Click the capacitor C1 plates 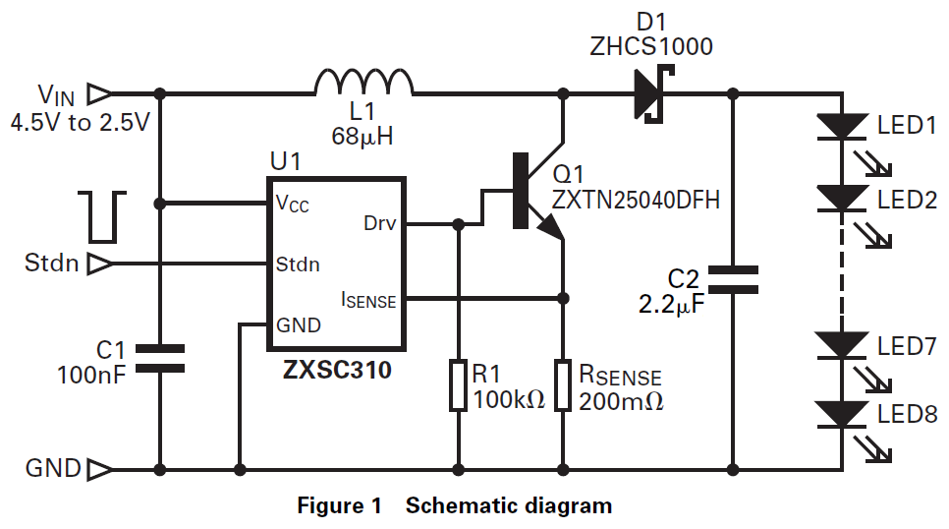coord(159,358)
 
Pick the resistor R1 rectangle coord(458,384)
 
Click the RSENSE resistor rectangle coord(563,384)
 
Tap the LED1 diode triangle coord(843,126)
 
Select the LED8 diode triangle coord(843,414)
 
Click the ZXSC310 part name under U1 coord(337,371)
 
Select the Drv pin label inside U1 coord(379,223)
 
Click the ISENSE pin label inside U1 coord(368,299)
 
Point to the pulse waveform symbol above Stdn coord(104,217)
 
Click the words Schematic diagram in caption coord(509,506)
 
